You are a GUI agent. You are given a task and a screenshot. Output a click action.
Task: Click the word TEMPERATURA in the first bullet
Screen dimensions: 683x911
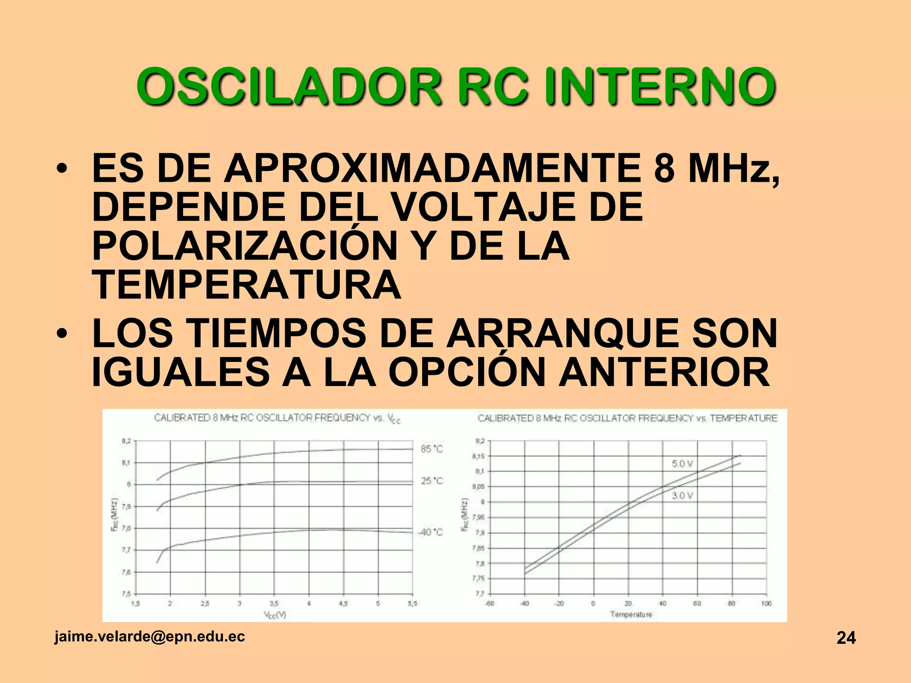(246, 285)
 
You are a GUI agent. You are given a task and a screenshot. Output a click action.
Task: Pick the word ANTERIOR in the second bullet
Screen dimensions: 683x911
(664, 372)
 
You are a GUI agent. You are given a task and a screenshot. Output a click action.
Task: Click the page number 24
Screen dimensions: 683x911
(846, 638)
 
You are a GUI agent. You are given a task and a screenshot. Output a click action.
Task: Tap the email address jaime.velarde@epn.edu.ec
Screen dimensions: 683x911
(149, 636)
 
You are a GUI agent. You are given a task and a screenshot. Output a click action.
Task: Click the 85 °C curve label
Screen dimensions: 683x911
(431, 449)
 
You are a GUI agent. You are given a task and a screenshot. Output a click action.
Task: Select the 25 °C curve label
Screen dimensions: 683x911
(431, 481)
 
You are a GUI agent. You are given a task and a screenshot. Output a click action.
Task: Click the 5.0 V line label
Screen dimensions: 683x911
(682, 464)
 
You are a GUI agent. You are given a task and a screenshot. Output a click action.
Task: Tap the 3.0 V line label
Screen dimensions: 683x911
(682, 495)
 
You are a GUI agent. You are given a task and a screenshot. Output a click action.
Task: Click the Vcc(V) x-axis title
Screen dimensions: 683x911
(275, 615)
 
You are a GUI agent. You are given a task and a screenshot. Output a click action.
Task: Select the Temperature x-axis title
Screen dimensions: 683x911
(631, 615)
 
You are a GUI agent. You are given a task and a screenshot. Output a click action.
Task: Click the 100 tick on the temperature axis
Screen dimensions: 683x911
(766, 604)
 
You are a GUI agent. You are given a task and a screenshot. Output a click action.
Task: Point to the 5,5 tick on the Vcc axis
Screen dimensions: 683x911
(412, 604)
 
